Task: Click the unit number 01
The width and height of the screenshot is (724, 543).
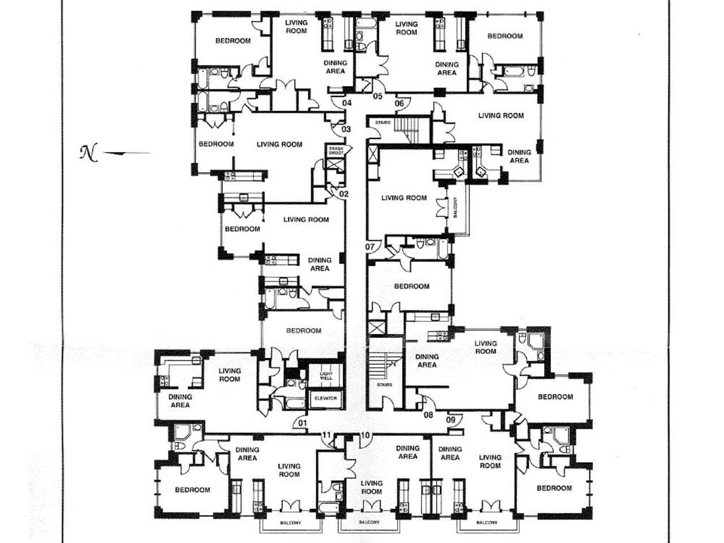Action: click(303, 423)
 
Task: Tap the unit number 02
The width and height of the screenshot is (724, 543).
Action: click(344, 194)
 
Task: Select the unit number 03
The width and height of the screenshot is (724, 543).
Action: click(346, 129)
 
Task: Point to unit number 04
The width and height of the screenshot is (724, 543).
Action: click(347, 103)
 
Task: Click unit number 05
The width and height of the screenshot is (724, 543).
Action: click(378, 96)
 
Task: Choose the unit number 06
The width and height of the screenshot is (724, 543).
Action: click(399, 104)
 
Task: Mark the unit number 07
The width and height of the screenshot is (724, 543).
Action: click(370, 247)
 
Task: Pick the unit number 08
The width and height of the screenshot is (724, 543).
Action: click(428, 415)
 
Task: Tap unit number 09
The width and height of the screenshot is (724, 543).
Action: click(451, 420)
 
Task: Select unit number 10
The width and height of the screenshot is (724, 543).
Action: click(365, 436)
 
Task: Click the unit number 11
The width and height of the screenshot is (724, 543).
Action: click(326, 435)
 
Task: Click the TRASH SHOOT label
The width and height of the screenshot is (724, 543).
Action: click(336, 151)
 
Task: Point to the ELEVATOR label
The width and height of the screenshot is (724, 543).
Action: click(326, 398)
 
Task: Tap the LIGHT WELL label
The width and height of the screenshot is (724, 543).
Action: click(326, 376)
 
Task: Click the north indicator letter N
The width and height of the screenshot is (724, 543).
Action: click(89, 152)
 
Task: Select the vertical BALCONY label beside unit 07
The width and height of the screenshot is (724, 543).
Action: click(455, 208)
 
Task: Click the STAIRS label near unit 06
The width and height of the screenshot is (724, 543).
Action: click(383, 123)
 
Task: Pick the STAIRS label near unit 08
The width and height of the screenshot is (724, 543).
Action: click(385, 385)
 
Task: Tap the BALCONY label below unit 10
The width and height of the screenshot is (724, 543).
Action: click(369, 522)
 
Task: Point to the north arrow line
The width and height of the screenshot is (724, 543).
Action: click(127, 153)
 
